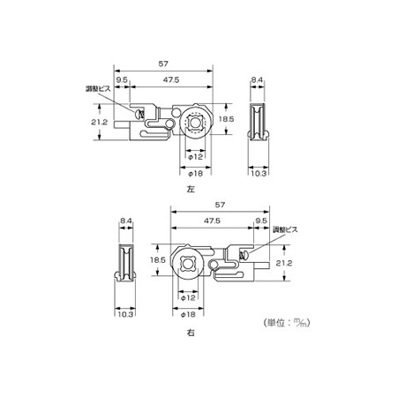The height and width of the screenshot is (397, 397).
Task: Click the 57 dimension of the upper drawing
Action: [163, 64]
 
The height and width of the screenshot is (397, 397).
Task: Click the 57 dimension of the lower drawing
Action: [220, 205]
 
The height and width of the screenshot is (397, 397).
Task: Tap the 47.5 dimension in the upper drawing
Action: [171, 80]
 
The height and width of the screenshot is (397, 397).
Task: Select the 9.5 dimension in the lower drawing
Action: [261, 221]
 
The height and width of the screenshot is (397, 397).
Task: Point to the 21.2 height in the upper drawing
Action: [99, 122]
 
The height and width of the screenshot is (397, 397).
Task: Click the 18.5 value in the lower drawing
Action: [158, 260]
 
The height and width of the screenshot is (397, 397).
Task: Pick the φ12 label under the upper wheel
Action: [195, 157]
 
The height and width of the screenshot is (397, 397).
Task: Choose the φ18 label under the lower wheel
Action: [188, 314]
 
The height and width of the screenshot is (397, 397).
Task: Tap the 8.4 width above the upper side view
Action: [257, 79]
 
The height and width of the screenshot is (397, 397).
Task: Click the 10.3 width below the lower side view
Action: [125, 314]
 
